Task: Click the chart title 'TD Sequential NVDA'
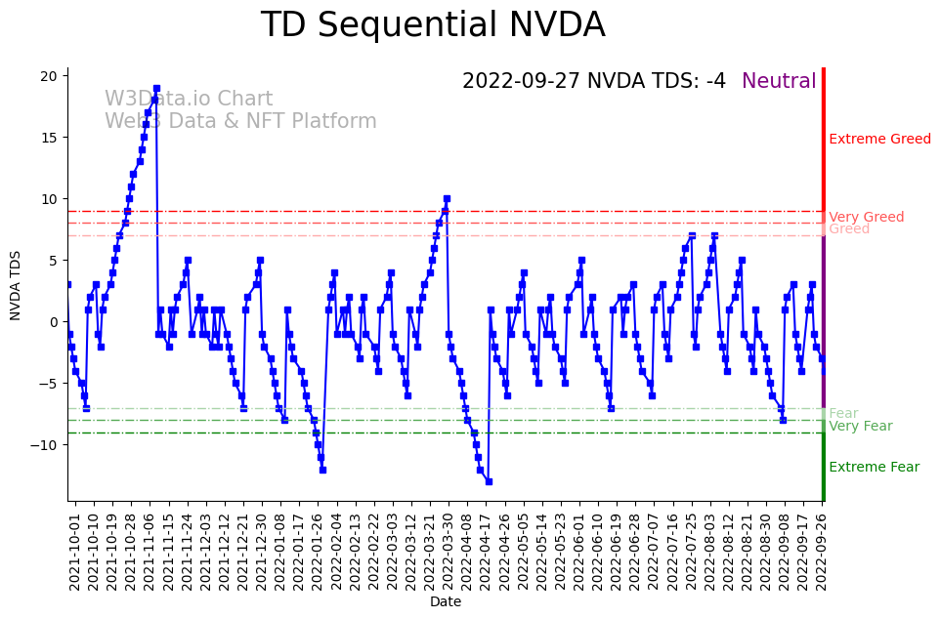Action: point(433,25)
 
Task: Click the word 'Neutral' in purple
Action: point(779,81)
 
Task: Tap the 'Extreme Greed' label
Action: point(879,139)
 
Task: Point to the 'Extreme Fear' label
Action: point(874,467)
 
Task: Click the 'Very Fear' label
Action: point(860,426)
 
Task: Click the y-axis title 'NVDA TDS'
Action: point(16,283)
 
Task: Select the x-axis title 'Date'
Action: point(446,602)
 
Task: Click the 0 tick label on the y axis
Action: point(57,321)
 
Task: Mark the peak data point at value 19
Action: point(156,89)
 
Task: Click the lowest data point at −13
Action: point(489,481)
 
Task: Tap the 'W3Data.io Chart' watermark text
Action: point(189,100)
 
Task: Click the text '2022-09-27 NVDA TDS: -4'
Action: point(594,81)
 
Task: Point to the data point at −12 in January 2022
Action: point(322,470)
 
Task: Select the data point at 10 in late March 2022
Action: point(447,199)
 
